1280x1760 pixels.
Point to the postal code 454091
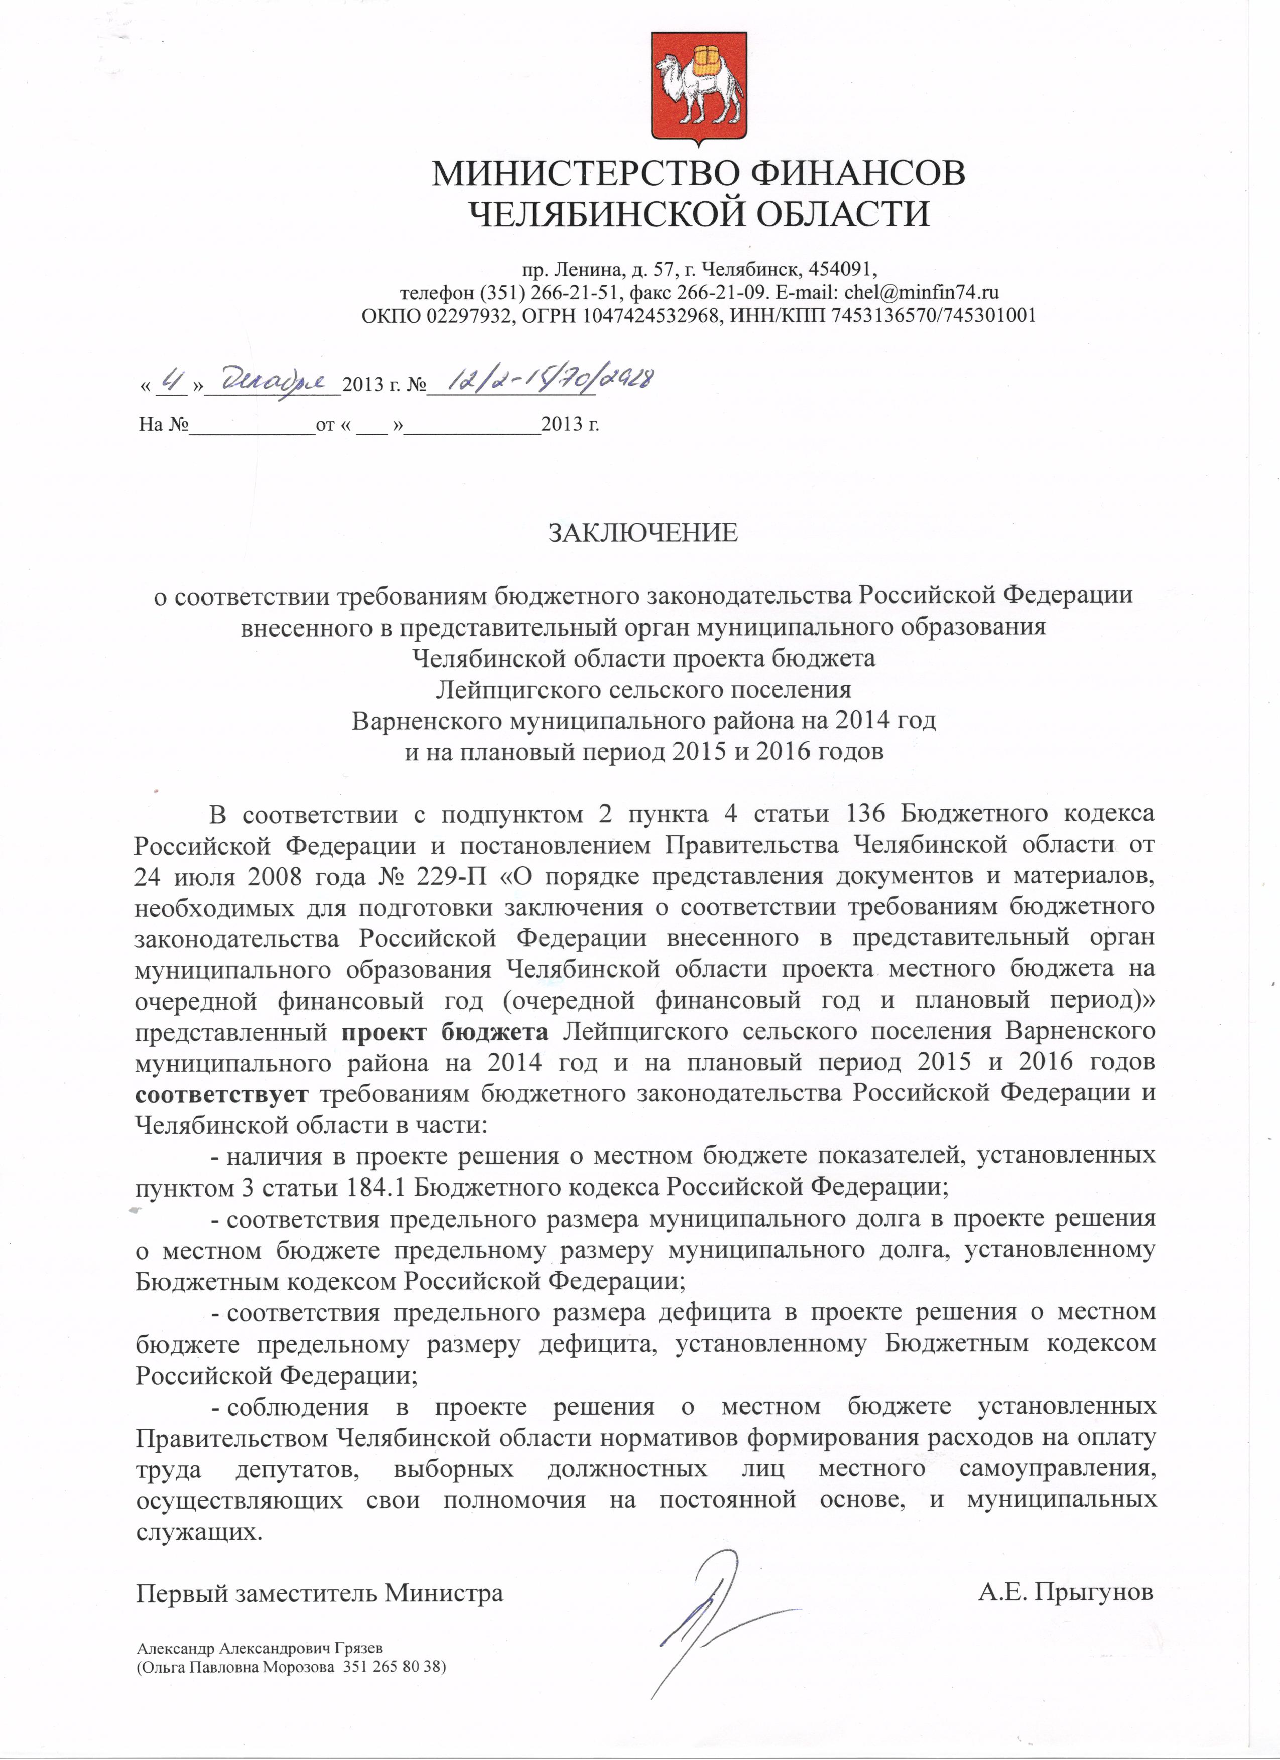842,269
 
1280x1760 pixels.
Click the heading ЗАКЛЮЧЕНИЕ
643,533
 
